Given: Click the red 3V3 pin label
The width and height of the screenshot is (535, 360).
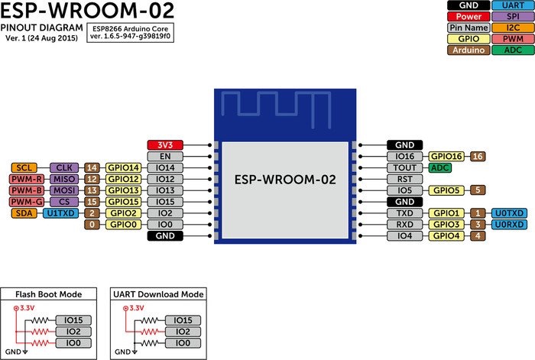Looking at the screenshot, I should pos(165,144).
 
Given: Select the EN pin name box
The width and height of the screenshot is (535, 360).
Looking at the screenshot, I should pos(165,156).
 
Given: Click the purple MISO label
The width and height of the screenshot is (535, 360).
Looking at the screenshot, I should pos(62,179).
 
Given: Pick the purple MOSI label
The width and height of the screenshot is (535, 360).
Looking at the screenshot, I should pos(62,190).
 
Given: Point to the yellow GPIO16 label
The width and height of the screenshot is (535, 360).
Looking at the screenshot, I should pos(447,156).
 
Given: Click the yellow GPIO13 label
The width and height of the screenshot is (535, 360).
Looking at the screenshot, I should pos(123,190).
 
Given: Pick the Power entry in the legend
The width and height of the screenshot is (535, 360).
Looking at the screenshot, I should pos(464,15).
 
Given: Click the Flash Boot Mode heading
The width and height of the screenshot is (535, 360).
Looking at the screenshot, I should pos(49,294).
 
